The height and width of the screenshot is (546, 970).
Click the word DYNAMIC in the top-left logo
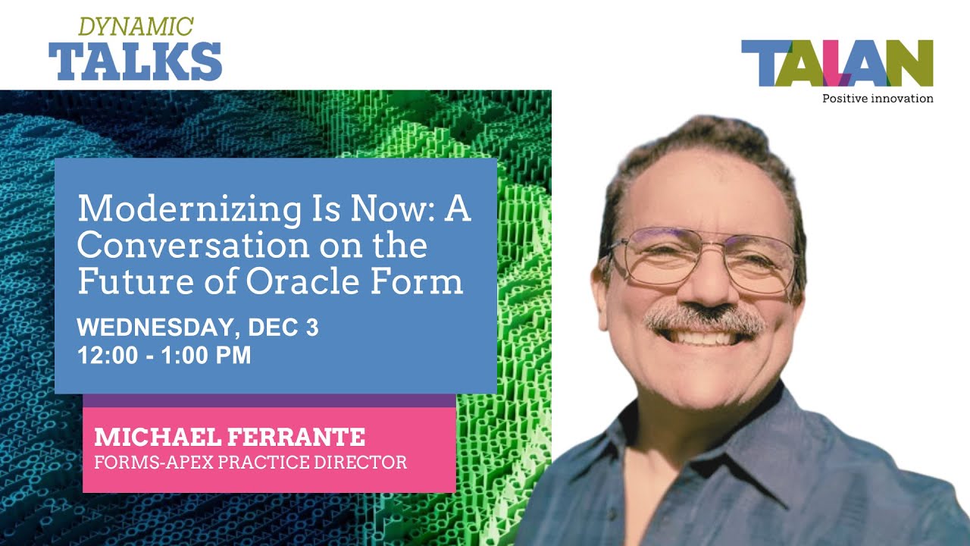pos(136,27)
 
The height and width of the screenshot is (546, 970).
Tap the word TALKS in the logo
pos(135,61)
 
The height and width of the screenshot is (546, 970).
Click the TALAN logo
pos(837,64)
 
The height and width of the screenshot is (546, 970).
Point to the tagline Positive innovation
pos(878,99)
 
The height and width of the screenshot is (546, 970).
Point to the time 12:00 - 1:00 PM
pos(164,355)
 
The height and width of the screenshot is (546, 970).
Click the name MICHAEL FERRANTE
pos(230,437)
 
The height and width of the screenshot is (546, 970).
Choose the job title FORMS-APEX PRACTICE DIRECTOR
pos(250,462)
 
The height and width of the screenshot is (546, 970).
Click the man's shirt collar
pos(773,440)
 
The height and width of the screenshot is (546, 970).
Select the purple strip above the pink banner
pos(269,400)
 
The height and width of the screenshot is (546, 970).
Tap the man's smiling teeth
pos(707,337)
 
